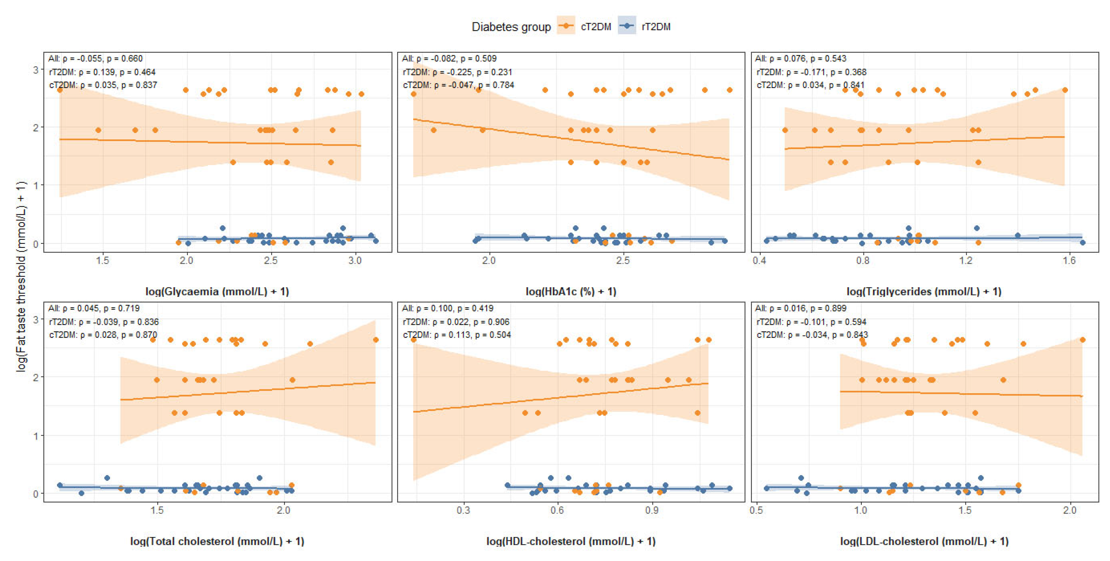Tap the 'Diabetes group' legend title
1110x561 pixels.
pyautogui.click(x=511, y=27)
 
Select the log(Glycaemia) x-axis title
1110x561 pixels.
pyautogui.click(x=217, y=292)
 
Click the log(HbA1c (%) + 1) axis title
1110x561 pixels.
pyautogui.click(x=571, y=292)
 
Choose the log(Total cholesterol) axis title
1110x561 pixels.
pyautogui.click(x=217, y=541)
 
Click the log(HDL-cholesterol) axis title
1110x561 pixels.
pyautogui.click(x=571, y=541)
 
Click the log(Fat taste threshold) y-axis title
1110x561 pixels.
pyautogui.click(x=21, y=276)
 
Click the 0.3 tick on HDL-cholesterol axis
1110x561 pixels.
pyautogui.click(x=463, y=510)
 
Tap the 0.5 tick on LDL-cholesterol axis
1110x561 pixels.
pyautogui.click(x=756, y=510)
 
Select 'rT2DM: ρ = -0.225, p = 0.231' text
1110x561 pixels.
pyautogui.click(x=457, y=72)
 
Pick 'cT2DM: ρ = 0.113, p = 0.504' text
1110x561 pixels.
pyautogui.click(x=457, y=335)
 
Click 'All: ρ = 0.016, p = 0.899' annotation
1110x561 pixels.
pyautogui.click(x=801, y=309)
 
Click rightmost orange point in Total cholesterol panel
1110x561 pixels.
pyautogui.click(x=375, y=340)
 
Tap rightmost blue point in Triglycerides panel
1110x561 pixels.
pyautogui.click(x=1082, y=242)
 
